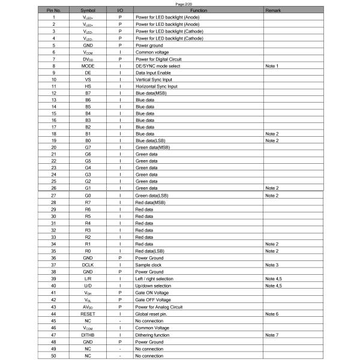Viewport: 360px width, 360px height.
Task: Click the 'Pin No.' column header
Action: click(54, 11)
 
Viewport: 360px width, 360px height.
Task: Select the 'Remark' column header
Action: click(272, 11)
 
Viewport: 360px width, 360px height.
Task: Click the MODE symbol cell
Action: click(88, 65)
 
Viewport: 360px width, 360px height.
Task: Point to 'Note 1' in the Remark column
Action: click(272, 65)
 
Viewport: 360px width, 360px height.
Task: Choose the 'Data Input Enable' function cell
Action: click(153, 72)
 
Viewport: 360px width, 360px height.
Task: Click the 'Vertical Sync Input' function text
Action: click(154, 79)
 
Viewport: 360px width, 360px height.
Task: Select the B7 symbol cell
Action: click(88, 93)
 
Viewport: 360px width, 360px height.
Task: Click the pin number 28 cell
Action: click(54, 203)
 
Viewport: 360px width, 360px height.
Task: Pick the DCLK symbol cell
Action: click(88, 265)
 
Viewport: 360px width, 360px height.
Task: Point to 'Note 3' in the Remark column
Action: click(272, 265)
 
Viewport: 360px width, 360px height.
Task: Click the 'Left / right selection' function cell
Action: click(158, 278)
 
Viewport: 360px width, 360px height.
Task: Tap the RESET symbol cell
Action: click(88, 314)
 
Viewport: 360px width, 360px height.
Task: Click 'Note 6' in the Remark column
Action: click(272, 314)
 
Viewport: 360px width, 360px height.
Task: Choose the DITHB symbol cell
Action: click(88, 335)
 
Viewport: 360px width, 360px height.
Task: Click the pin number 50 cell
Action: click(54, 356)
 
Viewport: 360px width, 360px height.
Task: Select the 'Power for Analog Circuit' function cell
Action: click(159, 307)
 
